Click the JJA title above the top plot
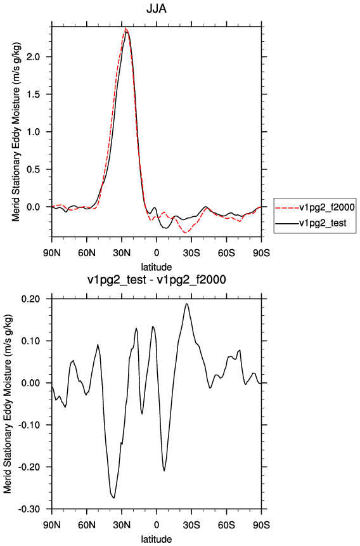click(157, 8)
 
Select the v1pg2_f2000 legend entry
click(315, 207)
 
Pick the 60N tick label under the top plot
click(87, 252)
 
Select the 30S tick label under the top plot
click(191, 252)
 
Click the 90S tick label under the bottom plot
click(261, 525)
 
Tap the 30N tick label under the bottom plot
click(122, 525)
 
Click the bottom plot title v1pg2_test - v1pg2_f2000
click(157, 280)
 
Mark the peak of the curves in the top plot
click(125, 29)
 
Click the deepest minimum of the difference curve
click(114, 498)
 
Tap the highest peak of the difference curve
click(186, 304)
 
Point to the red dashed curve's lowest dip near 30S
click(186, 232)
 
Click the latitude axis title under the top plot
click(157, 267)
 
